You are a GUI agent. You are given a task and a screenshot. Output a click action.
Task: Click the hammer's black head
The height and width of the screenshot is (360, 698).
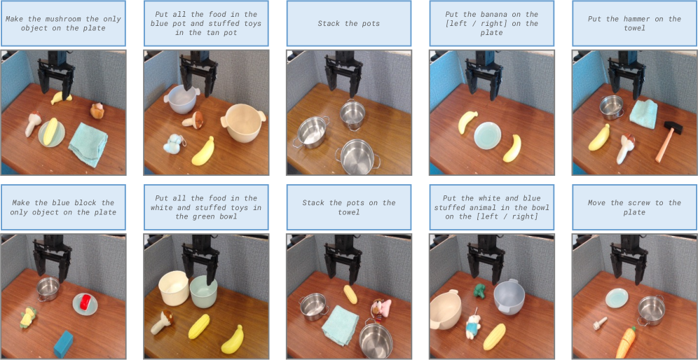(x=673, y=127)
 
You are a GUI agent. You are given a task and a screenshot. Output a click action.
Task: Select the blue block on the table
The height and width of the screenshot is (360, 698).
(x=63, y=343)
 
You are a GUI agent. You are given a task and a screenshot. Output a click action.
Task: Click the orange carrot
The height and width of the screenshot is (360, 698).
(x=625, y=341)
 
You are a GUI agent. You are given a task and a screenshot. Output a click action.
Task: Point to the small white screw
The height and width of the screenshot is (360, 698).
(x=598, y=323)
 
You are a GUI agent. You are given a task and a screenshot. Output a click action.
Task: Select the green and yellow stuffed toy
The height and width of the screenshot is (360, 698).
(x=28, y=317)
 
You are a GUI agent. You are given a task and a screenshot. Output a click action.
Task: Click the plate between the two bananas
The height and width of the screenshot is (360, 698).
(x=488, y=135)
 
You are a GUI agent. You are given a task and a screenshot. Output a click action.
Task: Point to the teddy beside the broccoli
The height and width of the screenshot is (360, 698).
(x=471, y=328)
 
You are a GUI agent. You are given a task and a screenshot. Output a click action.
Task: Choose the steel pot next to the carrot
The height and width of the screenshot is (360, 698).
(x=651, y=310)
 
